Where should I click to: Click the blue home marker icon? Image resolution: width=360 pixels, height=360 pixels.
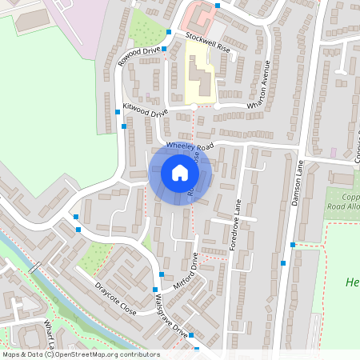click(180, 173)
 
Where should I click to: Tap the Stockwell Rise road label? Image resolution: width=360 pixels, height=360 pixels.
click(207, 42)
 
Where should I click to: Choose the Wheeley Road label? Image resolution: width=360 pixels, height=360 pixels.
click(191, 147)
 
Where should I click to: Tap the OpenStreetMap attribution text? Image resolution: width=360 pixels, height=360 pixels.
click(80, 354)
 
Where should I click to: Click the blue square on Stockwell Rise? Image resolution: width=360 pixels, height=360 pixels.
click(169, 33)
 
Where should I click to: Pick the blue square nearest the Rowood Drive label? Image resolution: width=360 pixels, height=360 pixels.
click(164, 49)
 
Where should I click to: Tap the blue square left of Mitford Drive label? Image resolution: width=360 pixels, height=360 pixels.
click(154, 289)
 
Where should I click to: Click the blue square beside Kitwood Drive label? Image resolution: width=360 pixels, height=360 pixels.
click(124, 126)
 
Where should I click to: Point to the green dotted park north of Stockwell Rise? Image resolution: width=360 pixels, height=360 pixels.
click(146, 28)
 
